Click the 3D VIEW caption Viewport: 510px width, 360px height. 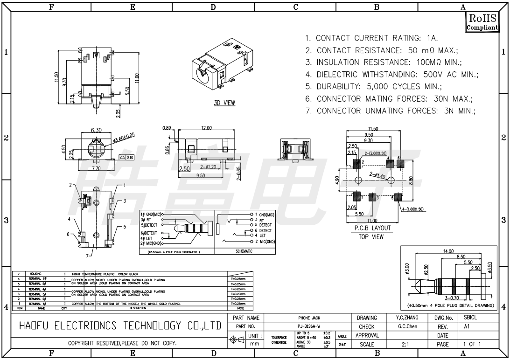[x=224, y=103]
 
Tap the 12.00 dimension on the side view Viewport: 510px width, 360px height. [x=206, y=128]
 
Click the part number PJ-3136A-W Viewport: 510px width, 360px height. [x=309, y=326]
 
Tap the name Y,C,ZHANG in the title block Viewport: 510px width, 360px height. [x=405, y=318]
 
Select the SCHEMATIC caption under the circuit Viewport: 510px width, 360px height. [x=244, y=251]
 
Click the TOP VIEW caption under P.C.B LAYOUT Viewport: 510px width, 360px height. [x=371, y=237]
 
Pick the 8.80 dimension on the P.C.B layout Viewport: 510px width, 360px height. [x=410, y=180]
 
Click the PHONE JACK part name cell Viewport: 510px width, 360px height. [x=309, y=318]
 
